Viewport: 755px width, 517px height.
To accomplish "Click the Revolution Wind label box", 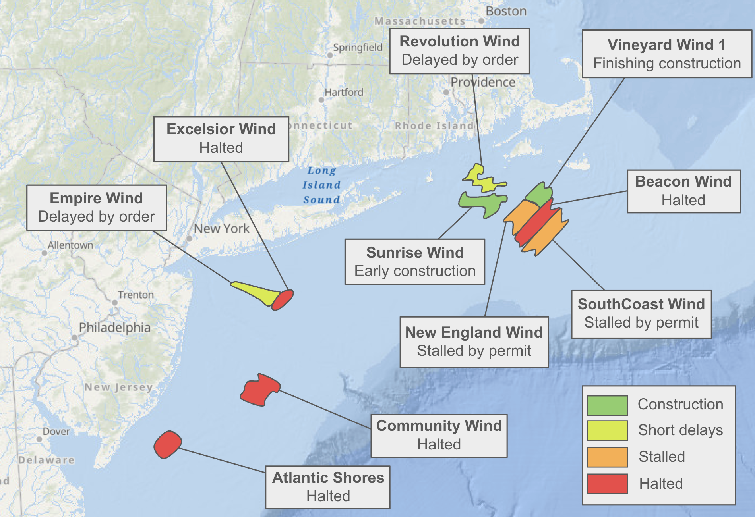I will click(x=459, y=51).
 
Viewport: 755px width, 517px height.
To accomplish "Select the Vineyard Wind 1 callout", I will click(x=667, y=54).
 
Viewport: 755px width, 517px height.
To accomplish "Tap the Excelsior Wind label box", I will click(x=221, y=139).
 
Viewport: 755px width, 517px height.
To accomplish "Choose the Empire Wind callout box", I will click(x=97, y=208).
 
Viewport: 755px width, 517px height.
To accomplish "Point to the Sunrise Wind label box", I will click(x=415, y=262).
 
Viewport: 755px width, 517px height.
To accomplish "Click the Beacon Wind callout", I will click(x=683, y=191).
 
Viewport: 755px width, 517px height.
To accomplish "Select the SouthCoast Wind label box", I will click(x=641, y=314).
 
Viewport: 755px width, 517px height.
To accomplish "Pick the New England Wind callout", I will click(x=474, y=342).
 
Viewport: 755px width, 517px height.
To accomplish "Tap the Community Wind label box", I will click(x=439, y=436).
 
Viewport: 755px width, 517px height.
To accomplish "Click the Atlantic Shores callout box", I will click(x=328, y=487).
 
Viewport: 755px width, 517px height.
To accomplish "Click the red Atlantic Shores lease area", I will click(x=168, y=444).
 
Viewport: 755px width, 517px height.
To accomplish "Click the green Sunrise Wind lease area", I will click(x=483, y=203).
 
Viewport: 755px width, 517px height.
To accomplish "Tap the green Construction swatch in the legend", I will click(x=607, y=405).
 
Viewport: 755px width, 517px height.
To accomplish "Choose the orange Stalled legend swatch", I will click(x=607, y=457).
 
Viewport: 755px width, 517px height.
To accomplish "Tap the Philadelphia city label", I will click(x=115, y=328).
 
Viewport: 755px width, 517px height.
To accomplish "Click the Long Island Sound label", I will click(x=321, y=185).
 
